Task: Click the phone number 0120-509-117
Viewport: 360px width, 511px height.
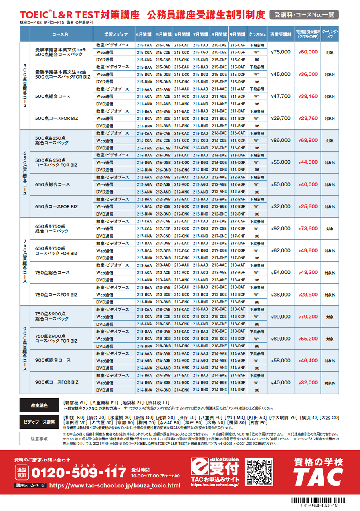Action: pos(78,473)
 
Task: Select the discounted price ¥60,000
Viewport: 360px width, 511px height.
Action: pos(308,52)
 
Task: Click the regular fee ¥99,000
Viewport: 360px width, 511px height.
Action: pos(281,317)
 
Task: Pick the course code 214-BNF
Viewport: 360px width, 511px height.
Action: pos(238,390)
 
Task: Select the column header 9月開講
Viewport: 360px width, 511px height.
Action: pos(238,34)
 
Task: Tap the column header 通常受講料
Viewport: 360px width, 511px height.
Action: pos(281,34)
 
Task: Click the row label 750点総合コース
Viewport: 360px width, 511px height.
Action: pos(52,273)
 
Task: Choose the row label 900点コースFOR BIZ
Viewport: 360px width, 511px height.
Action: pos(57,382)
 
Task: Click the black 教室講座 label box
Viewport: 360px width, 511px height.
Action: pos(39,405)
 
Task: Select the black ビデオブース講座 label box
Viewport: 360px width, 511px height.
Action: pos(39,422)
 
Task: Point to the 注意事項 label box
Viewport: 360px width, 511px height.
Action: pos(39,438)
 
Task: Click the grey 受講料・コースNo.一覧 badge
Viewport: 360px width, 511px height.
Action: pos(304,15)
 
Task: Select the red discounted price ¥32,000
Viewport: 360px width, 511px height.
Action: pos(308,382)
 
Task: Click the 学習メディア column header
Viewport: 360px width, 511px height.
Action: pos(113,34)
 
